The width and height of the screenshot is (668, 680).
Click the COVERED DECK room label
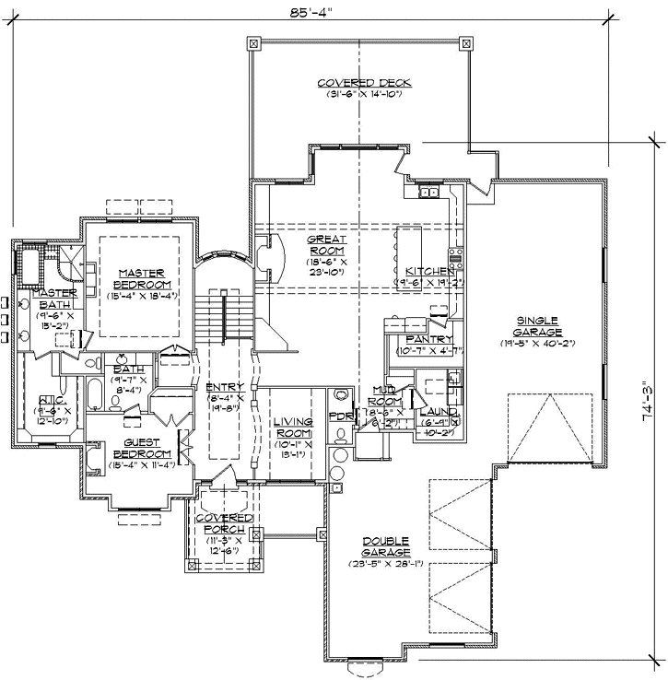click(363, 83)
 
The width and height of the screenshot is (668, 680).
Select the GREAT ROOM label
click(326, 244)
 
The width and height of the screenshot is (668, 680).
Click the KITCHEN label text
click(429, 272)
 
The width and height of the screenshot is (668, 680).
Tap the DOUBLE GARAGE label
click(385, 546)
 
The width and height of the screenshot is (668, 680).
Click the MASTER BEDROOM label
click(140, 278)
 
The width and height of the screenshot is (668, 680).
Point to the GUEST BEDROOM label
click(141, 448)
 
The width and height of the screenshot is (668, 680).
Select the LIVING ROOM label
click(294, 428)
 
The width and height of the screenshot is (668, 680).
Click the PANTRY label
click(424, 340)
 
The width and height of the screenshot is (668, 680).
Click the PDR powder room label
click(340, 416)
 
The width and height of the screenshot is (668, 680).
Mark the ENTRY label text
click(224, 387)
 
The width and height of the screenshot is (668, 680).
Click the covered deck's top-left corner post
click(255, 42)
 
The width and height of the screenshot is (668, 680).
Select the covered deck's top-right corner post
click(465, 42)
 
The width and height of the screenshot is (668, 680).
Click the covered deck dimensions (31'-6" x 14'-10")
click(363, 94)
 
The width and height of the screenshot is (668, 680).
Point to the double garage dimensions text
click(385, 563)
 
